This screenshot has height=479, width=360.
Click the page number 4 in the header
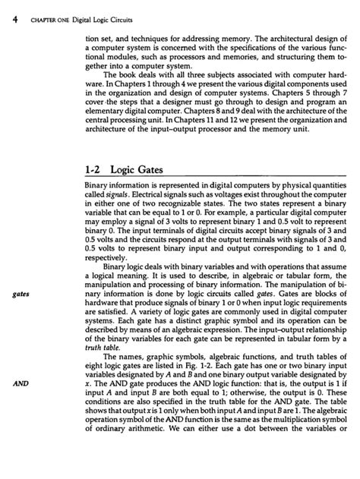click(5, 9)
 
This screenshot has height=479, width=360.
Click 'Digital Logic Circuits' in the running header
click(90, 10)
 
